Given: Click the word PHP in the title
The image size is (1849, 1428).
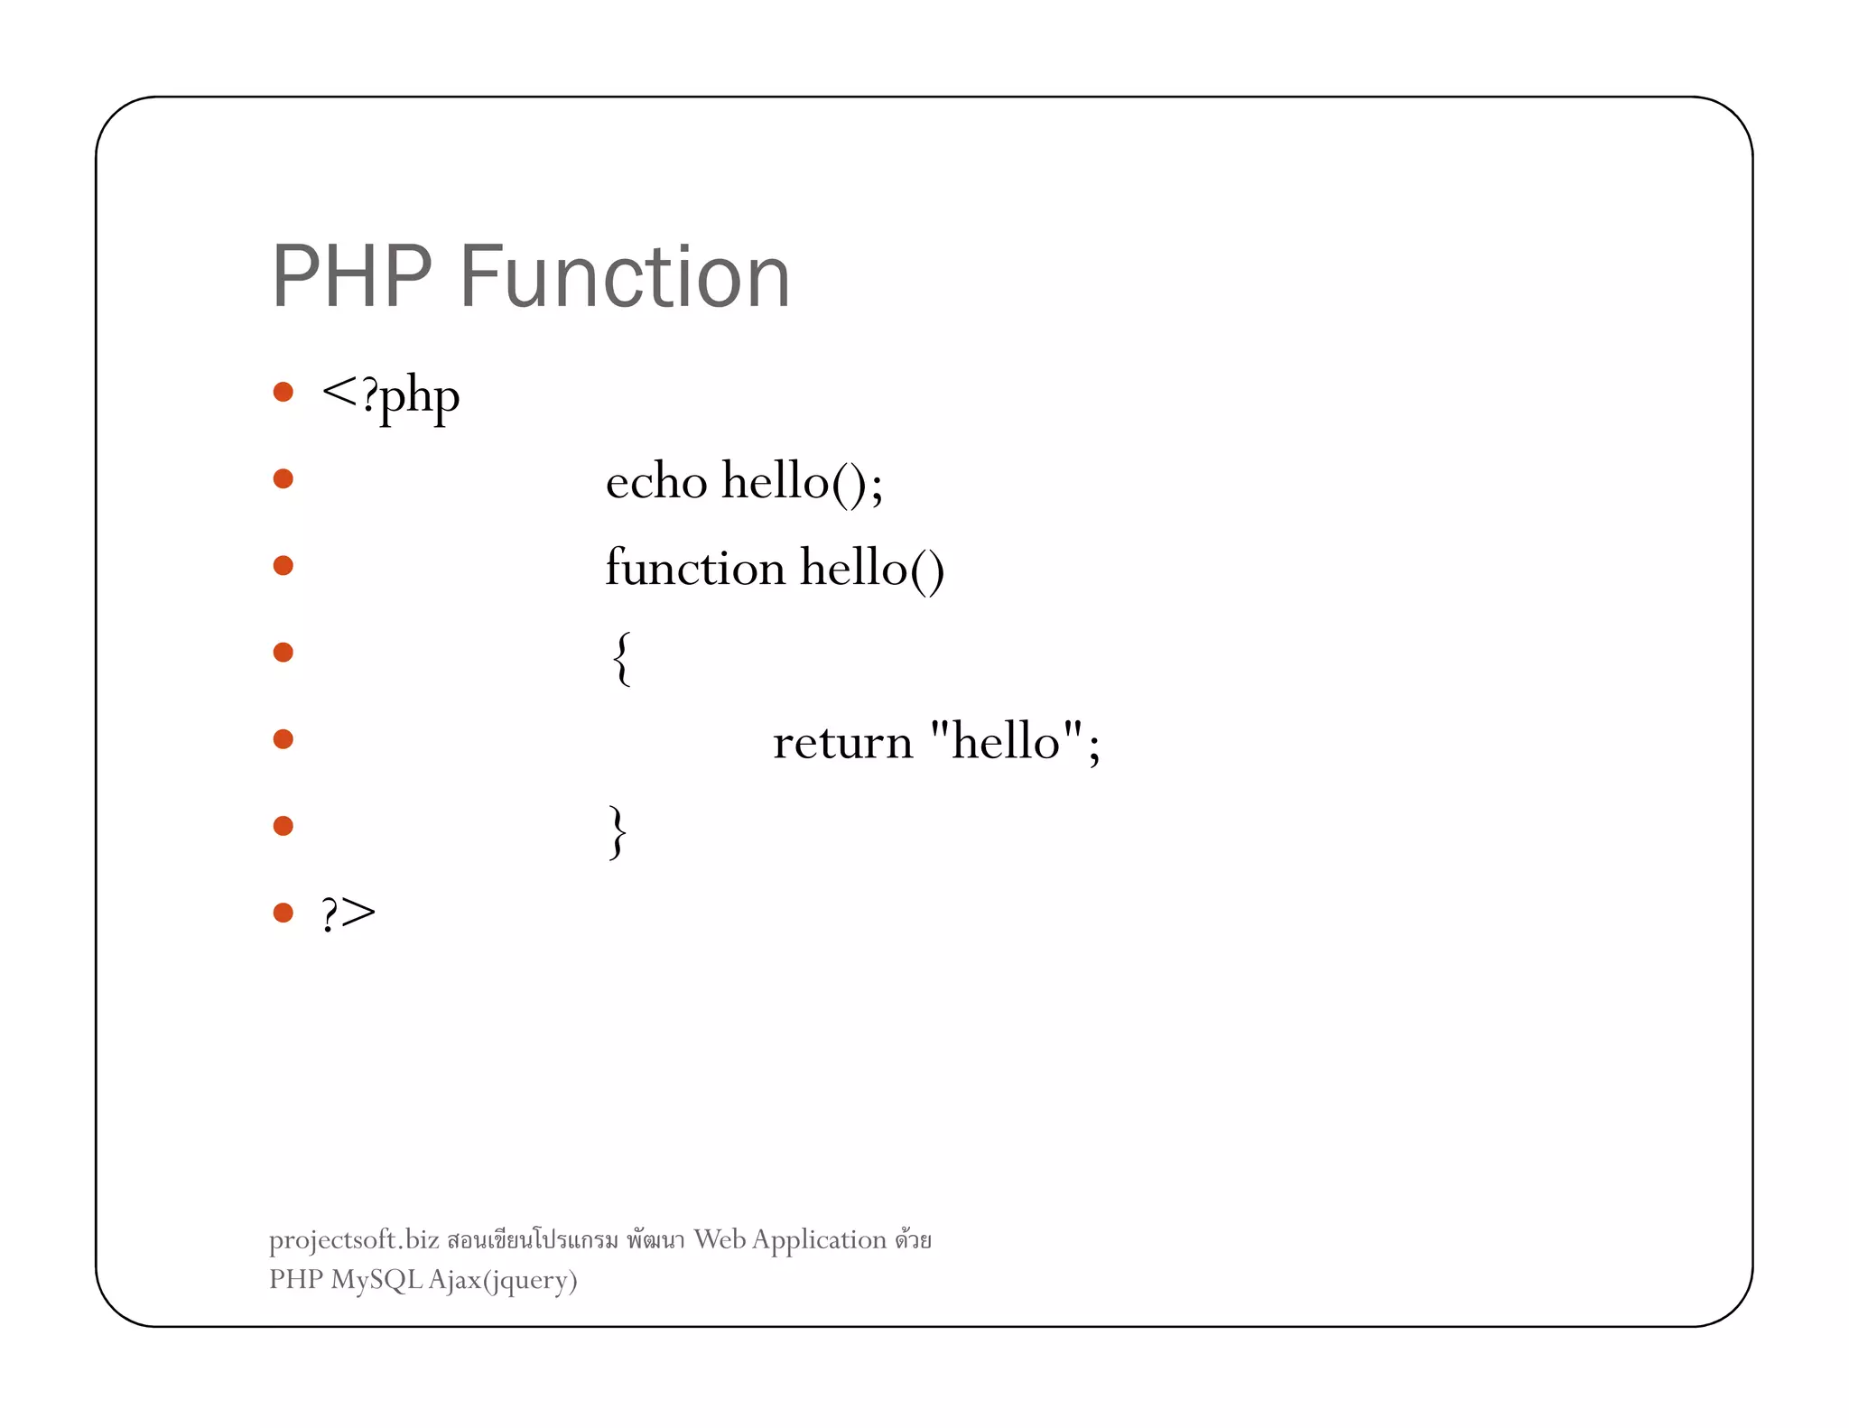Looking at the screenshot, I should pos(351,277).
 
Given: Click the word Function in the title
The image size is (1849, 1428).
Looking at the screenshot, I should pos(625,277).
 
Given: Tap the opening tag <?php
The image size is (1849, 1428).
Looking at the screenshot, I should pos(390,396).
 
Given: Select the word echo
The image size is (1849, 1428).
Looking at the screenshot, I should pos(655,481).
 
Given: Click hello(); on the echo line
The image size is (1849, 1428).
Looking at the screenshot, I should pos(802,481).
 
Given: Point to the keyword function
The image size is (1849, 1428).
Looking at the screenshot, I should pos(694,569).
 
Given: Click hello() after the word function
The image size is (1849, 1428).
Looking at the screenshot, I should pos(872,569).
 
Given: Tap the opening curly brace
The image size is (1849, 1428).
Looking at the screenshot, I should pos(621,658).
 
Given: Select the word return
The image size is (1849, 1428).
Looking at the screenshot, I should pos(842,743).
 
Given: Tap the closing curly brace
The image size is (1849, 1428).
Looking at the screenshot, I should pos(618,831).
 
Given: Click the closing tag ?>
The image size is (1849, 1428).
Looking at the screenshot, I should pos(348,913).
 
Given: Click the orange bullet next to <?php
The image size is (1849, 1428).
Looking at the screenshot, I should pos(283,392).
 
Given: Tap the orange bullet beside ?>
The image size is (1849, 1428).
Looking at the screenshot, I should pos(283,913).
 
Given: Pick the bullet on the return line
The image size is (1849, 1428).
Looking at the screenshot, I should pos(283,739).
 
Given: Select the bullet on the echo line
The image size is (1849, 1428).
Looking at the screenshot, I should pos(283,478).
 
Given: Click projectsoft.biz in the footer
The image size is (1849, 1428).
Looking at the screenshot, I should pos(354,1240).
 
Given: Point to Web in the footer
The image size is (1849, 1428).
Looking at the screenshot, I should pos(720,1239).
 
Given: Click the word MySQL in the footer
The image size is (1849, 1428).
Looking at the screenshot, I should pos(376,1280).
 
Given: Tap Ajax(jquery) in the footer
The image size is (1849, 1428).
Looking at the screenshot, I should pos(503,1281).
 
